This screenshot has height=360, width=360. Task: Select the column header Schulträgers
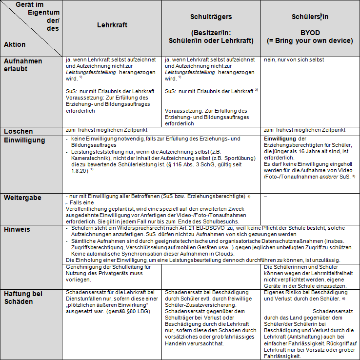[211, 17]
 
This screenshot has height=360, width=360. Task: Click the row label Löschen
[19, 131]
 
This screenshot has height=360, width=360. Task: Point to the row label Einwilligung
[24, 140]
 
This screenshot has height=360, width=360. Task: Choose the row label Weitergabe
[22, 198]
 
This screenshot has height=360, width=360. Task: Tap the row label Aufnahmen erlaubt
[23, 64]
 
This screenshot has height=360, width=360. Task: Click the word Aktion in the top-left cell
[15, 44]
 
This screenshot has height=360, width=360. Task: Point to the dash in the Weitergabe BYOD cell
[265, 197]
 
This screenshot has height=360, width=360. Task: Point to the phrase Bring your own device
[310, 41]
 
